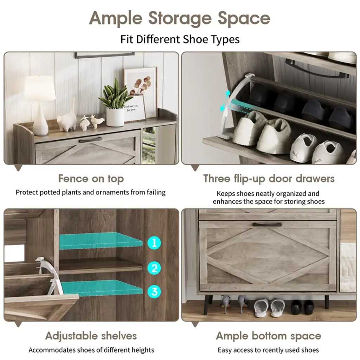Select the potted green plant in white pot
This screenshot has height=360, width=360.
pyautogui.click(x=115, y=103)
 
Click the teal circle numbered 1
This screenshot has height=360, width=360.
pyautogui.click(x=154, y=243)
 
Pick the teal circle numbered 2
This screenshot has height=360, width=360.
pyautogui.click(x=154, y=268)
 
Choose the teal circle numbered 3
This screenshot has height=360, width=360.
pyautogui.click(x=154, y=291)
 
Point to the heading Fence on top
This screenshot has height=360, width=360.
pyautogui.click(x=91, y=179)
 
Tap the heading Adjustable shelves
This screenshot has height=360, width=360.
pyautogui.click(x=91, y=336)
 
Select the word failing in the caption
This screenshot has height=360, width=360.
pyautogui.click(x=156, y=192)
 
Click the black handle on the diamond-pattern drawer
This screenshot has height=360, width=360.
pyautogui.click(x=267, y=224)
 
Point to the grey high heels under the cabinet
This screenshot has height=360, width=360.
pyautogui.click(x=235, y=303)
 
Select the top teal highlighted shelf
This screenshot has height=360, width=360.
pyautogui.click(x=101, y=241)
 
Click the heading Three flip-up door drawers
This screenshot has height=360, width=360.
pyautogui.click(x=269, y=179)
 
